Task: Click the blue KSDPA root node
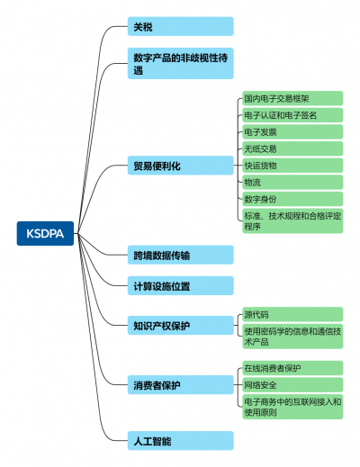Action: coord(45,233)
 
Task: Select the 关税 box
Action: coord(181,26)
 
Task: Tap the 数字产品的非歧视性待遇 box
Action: coord(181,63)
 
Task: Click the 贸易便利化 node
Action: coord(181,166)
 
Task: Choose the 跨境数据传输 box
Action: coord(181,255)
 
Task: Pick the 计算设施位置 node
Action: coord(181,285)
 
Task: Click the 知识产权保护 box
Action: coord(181,326)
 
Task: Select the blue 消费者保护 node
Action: coord(181,385)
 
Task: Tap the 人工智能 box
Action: coord(181,441)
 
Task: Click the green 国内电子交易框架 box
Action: coord(292,98)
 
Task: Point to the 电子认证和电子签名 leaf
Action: coord(292,115)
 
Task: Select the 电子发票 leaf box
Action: coord(292,132)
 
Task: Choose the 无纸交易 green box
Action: coord(292,148)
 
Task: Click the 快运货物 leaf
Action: coord(292,166)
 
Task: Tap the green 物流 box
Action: coord(292,183)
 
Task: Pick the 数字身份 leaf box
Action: coord(292,199)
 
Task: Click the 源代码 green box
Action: coord(292,314)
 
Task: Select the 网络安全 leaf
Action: coord(292,385)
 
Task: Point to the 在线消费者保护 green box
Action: coord(292,368)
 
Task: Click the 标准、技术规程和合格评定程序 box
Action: coord(292,221)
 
